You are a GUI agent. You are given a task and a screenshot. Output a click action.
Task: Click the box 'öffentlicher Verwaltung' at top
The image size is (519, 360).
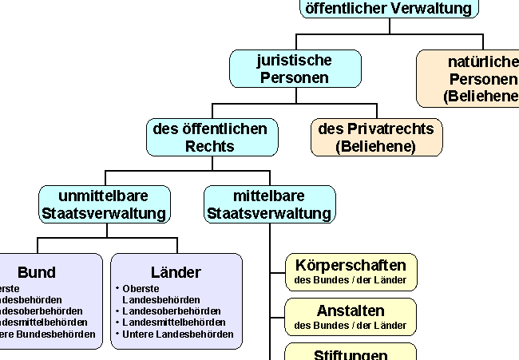[x=390, y=8]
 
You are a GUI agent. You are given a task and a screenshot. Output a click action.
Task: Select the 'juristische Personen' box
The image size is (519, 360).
[x=295, y=69]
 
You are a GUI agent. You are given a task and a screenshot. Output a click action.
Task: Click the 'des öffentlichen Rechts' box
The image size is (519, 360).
[x=211, y=137]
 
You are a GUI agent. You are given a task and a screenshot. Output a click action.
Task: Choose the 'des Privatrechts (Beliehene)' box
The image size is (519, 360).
[x=376, y=137]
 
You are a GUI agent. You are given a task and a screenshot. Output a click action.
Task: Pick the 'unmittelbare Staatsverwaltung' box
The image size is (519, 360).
[x=104, y=204]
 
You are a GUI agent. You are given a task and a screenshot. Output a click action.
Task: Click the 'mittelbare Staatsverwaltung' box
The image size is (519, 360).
[x=269, y=204]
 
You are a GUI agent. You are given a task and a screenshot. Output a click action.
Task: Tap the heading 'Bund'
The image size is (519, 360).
[x=37, y=272]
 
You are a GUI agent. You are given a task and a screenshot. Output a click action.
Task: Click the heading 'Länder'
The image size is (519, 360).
[x=176, y=272]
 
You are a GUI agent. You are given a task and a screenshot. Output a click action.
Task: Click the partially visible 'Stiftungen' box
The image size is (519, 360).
[x=351, y=353]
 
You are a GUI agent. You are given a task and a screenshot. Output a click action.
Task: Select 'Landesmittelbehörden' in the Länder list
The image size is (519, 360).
[x=175, y=322]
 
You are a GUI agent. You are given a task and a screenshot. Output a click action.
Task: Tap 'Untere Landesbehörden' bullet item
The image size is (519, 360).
[x=178, y=334]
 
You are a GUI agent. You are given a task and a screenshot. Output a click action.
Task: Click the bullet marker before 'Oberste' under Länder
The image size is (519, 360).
[x=117, y=287]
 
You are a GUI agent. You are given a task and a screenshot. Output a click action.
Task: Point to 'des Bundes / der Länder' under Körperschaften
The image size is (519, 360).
[x=351, y=280]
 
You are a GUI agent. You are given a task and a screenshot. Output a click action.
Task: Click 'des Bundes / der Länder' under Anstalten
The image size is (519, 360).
[x=351, y=326]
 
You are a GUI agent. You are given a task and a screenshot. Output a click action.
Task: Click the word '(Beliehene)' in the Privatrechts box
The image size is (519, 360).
[x=376, y=146]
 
